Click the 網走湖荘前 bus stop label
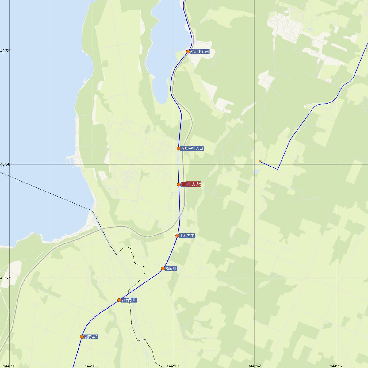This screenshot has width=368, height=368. click(199, 52)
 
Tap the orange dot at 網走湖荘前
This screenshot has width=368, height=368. click(188, 52)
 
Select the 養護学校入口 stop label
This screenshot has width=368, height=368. click(192, 148)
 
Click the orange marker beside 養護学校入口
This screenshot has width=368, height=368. click(178, 148)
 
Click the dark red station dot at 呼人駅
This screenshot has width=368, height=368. click(184, 184)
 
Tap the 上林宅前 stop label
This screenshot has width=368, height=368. click(187, 236)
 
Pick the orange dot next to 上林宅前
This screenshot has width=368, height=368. click(177, 236)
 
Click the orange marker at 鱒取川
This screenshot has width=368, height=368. click(163, 269)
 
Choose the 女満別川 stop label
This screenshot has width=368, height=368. click(129, 300)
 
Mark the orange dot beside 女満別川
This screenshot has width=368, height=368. click(119, 300)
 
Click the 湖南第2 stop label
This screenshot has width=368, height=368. click(91, 337)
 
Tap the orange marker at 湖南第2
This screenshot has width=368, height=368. click(82, 337)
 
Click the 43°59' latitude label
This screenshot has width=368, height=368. click(5, 51)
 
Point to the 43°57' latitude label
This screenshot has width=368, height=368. click(5, 278)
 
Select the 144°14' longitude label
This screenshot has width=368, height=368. click(255, 366)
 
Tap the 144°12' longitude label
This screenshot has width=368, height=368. click(91, 366)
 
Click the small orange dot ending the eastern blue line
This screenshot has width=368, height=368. click(260, 161)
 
